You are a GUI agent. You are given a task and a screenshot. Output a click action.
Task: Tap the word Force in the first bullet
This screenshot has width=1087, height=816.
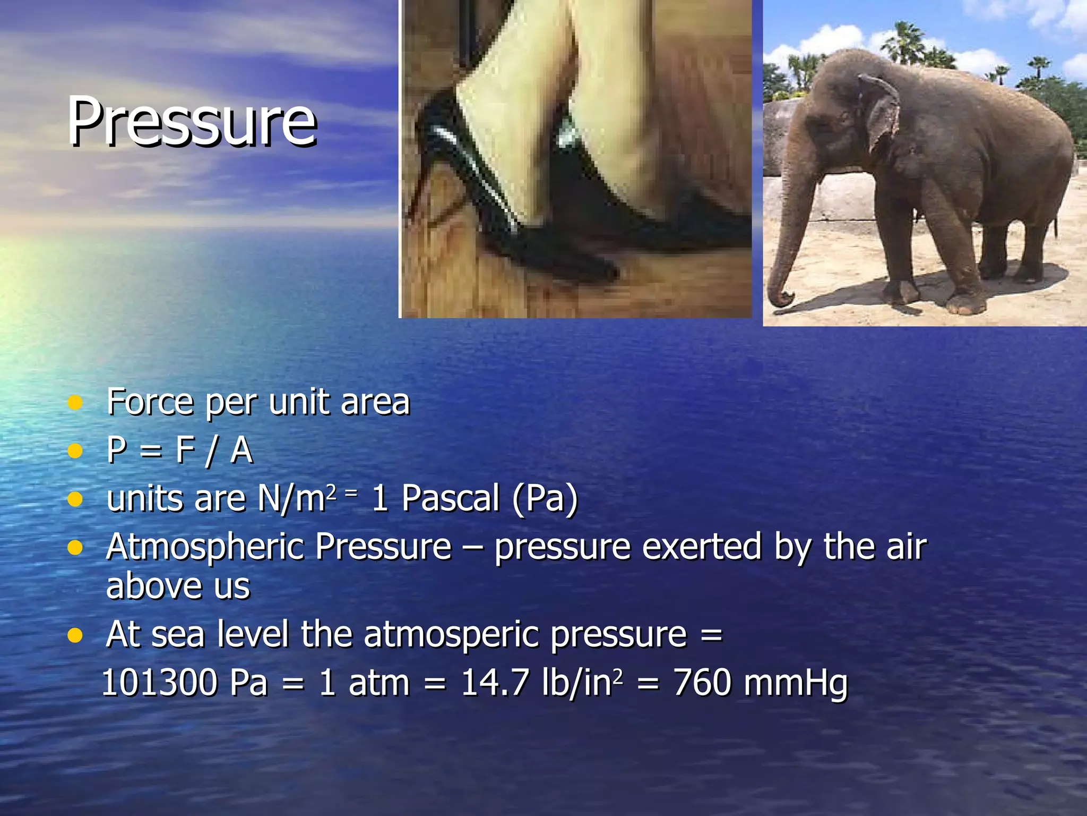tap(150, 402)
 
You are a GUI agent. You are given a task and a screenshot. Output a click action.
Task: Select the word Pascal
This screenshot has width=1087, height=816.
tap(450, 499)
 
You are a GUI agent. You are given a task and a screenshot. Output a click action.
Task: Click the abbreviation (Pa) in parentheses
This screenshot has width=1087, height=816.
tap(545, 499)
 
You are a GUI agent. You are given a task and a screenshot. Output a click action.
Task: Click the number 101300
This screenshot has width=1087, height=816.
tap(159, 683)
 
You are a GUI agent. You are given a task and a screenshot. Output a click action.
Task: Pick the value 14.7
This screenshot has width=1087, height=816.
tap(495, 683)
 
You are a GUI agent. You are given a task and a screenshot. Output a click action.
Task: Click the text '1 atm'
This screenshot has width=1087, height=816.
tap(364, 683)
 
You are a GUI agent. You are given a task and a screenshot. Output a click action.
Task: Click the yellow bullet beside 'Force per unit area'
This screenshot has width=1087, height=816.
tap(75, 402)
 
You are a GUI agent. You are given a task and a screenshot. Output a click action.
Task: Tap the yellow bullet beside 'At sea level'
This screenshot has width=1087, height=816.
tap(75, 635)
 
